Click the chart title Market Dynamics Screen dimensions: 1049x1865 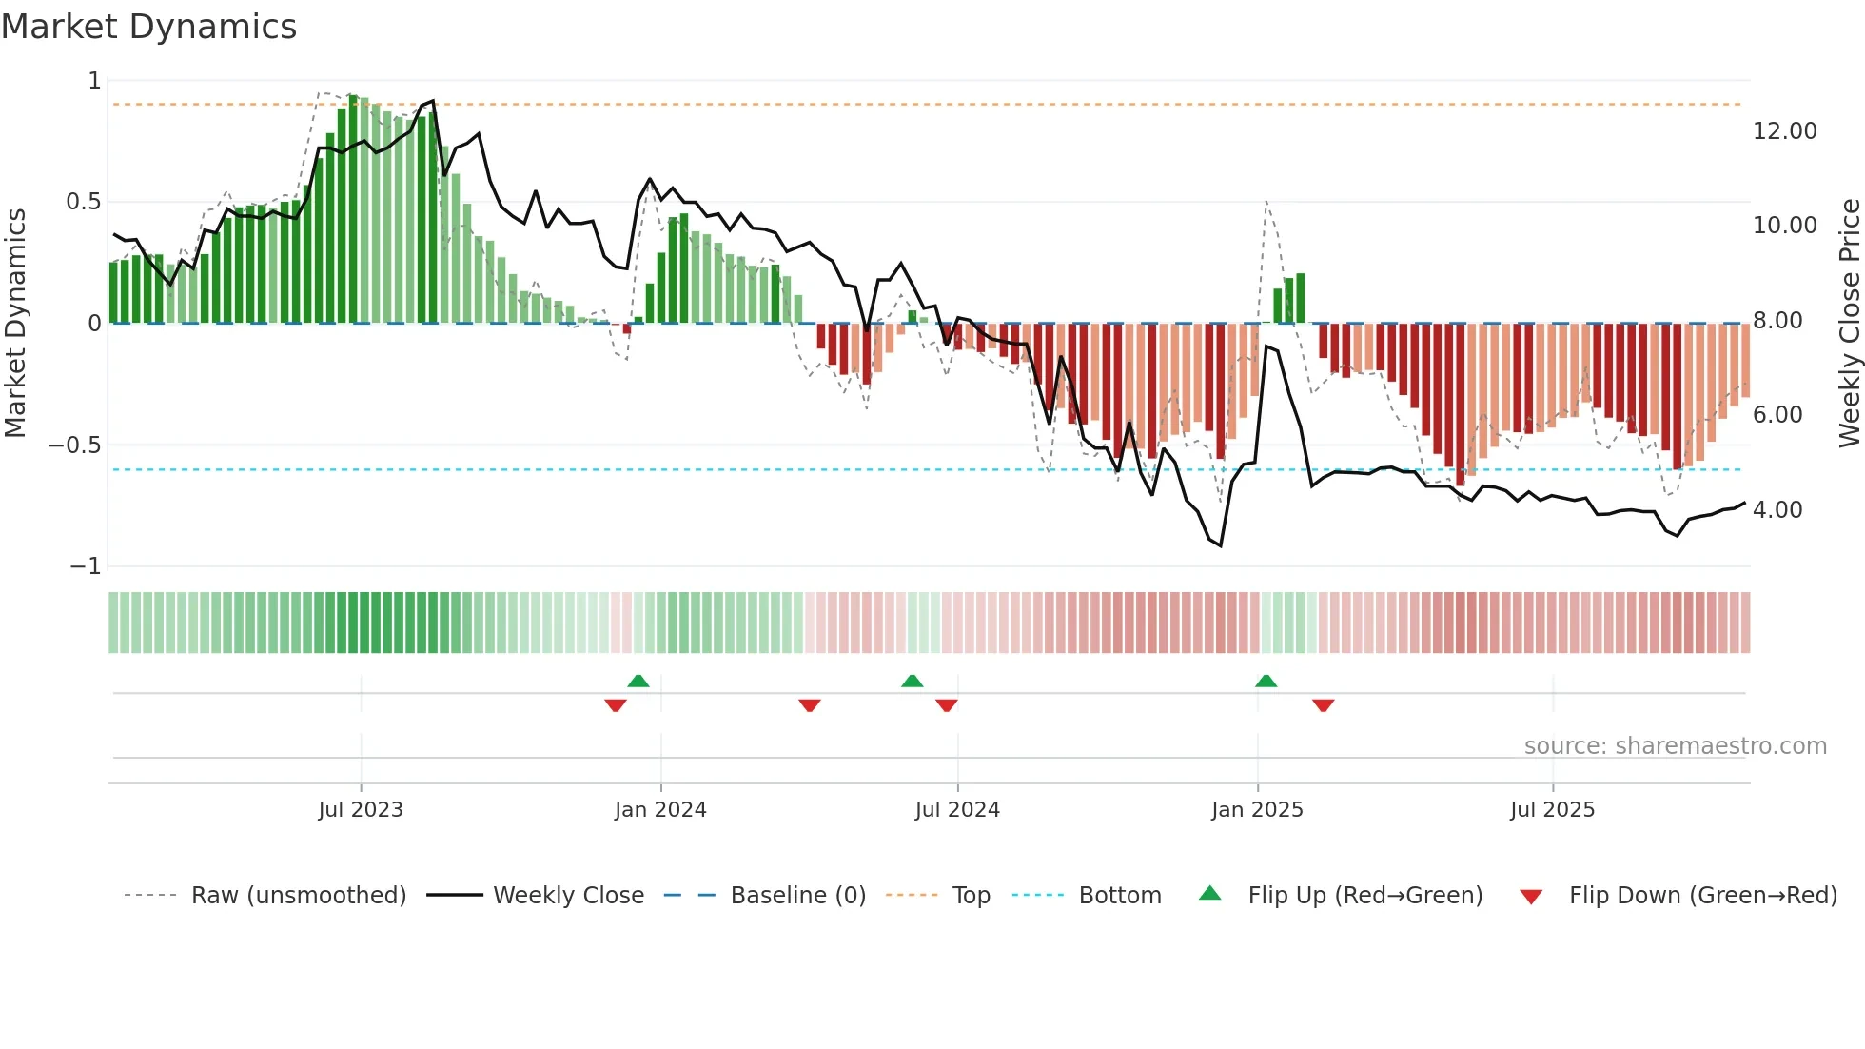click(149, 27)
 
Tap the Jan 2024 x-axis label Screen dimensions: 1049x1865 click(660, 810)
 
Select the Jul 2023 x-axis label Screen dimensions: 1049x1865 click(361, 810)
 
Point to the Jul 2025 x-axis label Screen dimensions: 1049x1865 click(1552, 810)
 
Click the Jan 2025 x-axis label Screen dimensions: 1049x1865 click(1257, 810)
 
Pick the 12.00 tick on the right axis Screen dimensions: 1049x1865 click(1784, 131)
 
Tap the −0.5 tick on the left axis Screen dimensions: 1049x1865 click(74, 445)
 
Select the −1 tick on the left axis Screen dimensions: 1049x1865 click(85, 566)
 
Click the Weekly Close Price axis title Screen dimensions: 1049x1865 click(1849, 324)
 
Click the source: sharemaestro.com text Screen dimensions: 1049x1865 click(1675, 746)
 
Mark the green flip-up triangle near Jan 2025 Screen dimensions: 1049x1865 click(1266, 682)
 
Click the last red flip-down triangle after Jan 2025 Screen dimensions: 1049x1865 click(1323, 705)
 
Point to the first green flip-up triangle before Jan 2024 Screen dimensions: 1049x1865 click(638, 682)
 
